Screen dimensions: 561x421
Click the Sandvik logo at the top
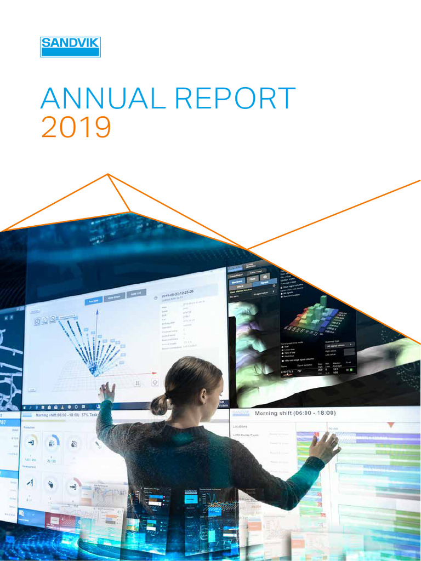pos(70,47)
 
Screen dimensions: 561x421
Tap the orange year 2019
pos(76,127)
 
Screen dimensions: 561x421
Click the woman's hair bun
pos(160,404)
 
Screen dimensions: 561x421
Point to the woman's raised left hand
pos(107,391)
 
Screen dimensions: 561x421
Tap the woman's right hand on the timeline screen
pos(325,446)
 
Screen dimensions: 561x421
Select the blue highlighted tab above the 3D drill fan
pos(94,301)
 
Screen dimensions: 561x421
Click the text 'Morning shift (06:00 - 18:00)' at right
pos(295,413)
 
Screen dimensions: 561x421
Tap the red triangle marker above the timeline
pos(391,425)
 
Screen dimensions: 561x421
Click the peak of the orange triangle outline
pos(108,175)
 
